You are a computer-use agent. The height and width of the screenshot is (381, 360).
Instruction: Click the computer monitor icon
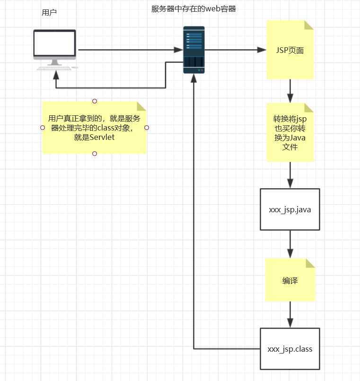click(54, 46)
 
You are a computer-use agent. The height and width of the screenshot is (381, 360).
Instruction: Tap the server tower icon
click(194, 50)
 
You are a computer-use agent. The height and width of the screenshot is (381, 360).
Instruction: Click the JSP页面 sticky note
click(290, 50)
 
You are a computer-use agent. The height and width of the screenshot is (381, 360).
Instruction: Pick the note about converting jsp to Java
click(290, 132)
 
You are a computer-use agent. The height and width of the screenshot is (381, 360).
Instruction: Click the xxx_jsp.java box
click(290, 209)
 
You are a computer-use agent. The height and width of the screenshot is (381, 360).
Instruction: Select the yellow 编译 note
click(290, 280)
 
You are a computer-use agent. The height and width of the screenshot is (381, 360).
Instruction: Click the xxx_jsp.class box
click(290, 349)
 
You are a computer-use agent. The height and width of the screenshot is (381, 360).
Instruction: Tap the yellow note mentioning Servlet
click(95, 128)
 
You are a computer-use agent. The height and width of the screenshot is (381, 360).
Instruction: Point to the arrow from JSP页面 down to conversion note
click(290, 91)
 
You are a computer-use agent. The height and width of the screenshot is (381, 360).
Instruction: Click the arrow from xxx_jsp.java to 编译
click(290, 244)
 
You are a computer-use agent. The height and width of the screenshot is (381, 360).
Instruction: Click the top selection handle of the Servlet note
click(95, 101)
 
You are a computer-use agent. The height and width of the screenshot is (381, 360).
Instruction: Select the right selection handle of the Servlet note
click(147, 128)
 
